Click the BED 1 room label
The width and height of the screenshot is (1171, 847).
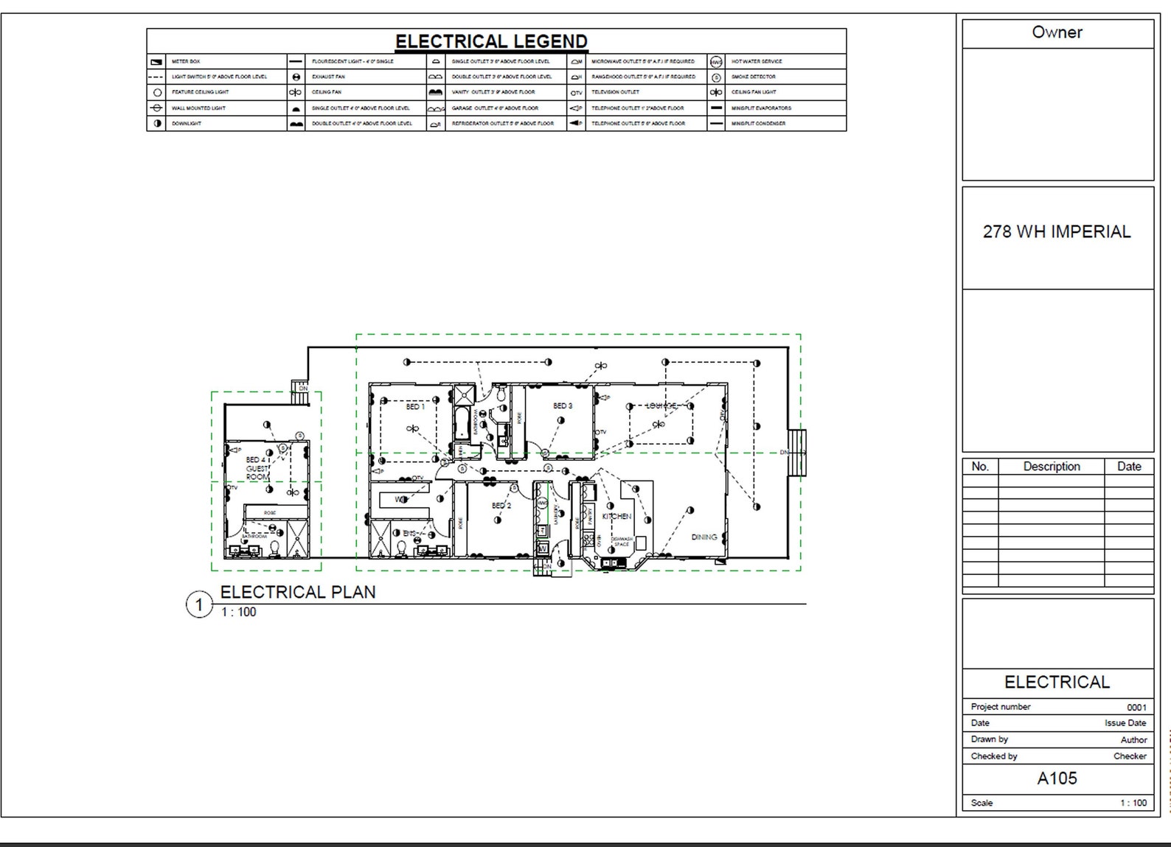point(415,407)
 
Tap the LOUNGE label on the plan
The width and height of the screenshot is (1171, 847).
point(661,406)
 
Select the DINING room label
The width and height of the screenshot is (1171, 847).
point(704,537)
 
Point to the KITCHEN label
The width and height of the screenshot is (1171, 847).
point(616,517)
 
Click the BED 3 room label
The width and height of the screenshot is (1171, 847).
point(563,406)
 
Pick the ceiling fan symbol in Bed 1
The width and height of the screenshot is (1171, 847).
point(412,429)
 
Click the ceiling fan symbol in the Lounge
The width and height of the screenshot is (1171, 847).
point(659,424)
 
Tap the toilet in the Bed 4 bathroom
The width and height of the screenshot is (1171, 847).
point(274,548)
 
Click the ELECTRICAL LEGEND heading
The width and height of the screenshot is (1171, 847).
point(491,41)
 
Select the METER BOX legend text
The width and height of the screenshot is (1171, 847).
point(186,62)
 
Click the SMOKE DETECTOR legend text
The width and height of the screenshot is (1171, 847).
point(753,77)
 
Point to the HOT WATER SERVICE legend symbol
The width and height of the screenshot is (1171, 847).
point(716,62)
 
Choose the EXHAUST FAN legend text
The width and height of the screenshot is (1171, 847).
point(328,77)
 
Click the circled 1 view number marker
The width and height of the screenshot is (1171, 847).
point(198,606)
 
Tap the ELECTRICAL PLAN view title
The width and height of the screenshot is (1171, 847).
point(298,592)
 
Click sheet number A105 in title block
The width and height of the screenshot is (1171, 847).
point(1057,778)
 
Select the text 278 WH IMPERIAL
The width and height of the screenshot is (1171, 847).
point(1057,231)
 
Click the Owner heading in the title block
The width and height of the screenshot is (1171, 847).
point(1057,32)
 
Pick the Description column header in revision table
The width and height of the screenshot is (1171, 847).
point(1051,467)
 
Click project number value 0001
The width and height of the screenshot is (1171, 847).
point(1136,708)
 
